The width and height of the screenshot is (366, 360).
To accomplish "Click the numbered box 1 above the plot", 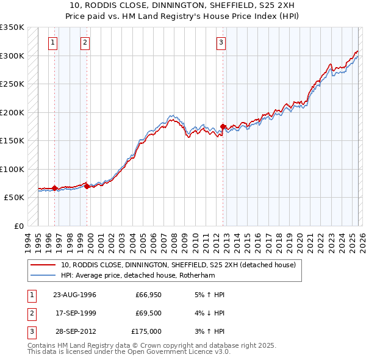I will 54,43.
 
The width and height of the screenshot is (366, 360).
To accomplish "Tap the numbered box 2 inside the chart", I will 84,43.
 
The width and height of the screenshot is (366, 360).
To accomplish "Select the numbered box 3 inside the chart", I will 220,43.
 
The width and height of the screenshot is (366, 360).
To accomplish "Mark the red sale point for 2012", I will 223,126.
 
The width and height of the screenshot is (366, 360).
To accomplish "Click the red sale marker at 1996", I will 55,188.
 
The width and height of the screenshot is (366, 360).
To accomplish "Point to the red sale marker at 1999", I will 87,186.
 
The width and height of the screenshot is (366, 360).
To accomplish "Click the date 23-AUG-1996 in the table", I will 74,295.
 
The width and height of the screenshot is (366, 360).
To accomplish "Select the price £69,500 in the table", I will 148,313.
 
